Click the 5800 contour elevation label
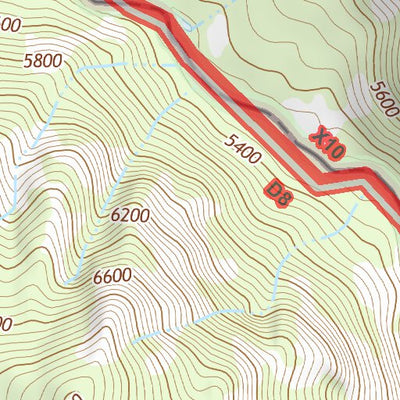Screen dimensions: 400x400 43,60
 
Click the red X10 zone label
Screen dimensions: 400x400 326,143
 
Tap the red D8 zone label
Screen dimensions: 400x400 280,192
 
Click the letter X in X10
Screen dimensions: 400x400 317,134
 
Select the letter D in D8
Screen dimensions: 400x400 275,187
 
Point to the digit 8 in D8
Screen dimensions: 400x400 285,198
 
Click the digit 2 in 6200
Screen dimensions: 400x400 124,214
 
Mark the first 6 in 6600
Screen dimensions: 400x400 96,276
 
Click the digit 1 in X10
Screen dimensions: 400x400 326,144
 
